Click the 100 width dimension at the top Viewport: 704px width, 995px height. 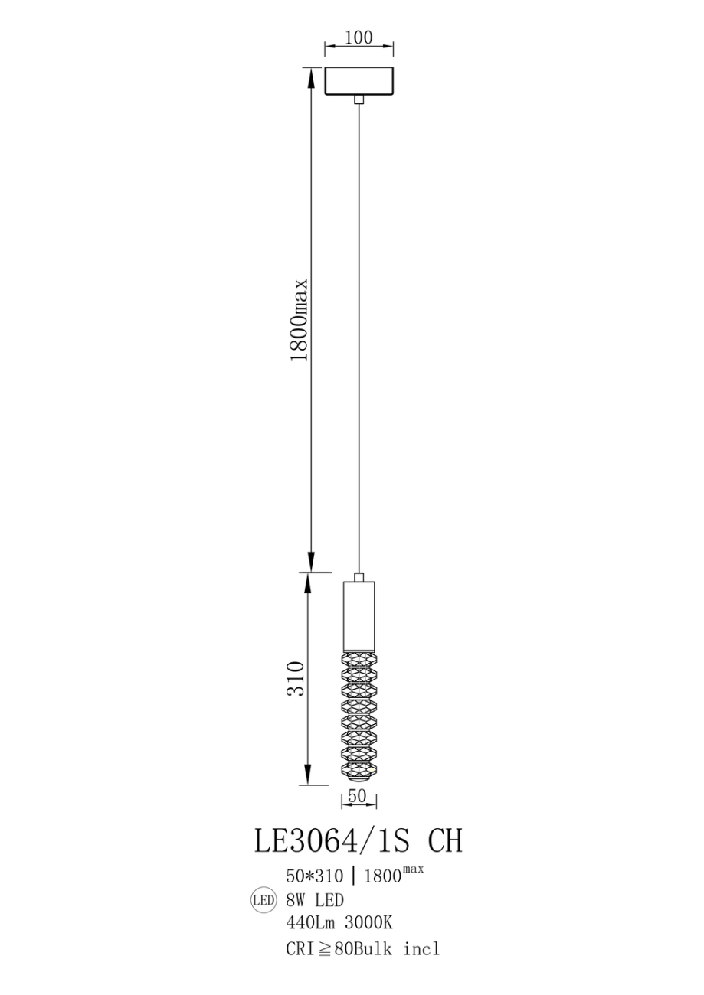[359, 38]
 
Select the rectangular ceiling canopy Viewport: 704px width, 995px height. [359, 81]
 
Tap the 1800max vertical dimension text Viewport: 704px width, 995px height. [300, 319]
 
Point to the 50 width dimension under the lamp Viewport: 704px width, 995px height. [358, 796]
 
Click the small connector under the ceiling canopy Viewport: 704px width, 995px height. [359, 99]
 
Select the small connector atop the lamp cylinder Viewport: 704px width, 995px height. [359, 576]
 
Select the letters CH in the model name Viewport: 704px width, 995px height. [444, 842]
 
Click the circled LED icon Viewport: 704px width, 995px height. [263, 901]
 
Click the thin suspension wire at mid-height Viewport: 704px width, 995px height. [359, 337]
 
